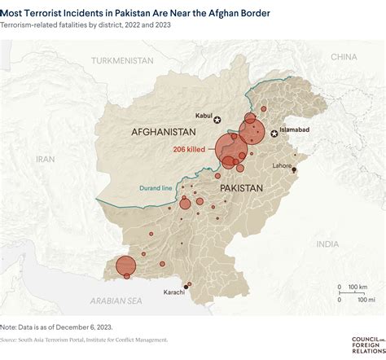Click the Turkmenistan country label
coord(122,61)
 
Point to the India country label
coord(327,244)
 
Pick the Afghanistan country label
coord(164,131)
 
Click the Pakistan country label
coord(241,187)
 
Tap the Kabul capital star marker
coord(217,120)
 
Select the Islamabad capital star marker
coord(274,134)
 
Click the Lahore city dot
coord(295,170)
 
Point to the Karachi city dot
coord(186,286)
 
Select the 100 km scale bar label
coord(357,287)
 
